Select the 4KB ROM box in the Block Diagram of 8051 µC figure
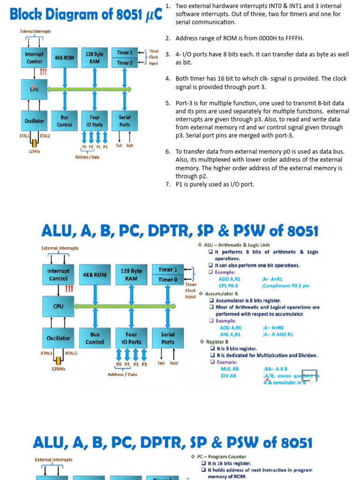tap(64, 58)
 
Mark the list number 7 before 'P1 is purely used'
tap(168, 184)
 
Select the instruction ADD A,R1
tap(231, 279)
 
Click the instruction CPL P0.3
tap(228, 285)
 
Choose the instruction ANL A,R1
tap(230, 335)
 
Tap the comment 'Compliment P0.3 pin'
tap(286, 285)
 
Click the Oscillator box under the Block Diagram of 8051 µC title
tap(34, 121)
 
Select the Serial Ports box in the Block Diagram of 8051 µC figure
tap(125, 121)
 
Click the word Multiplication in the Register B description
tap(276, 355)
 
